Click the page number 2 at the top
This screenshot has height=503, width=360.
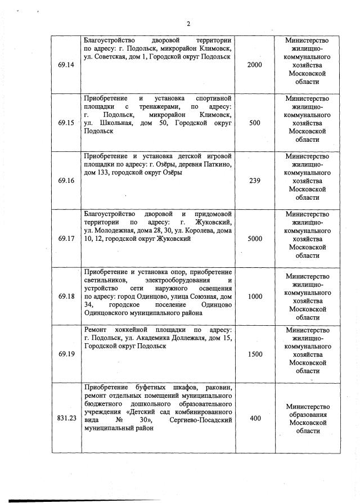coord(189,23)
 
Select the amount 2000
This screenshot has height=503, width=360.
coord(255,65)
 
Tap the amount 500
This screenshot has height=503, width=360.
coord(255,123)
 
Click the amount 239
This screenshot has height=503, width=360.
coord(255,181)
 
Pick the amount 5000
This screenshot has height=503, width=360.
coord(255,239)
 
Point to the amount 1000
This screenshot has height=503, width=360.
coord(255,297)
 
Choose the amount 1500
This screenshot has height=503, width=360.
coord(255,354)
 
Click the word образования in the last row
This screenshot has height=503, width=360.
coord(307,415)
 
